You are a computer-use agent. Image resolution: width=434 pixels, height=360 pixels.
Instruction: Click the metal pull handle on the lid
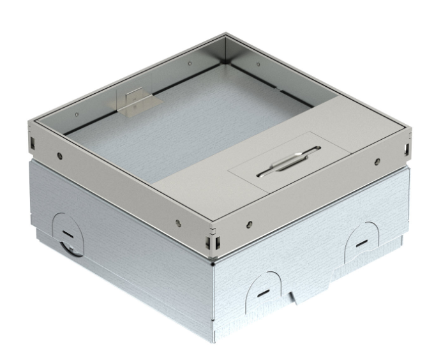coord(286,169)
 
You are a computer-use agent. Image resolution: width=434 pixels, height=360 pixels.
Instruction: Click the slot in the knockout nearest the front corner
coord(262,294)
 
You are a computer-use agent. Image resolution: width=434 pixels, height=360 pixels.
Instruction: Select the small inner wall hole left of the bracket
coord(76,114)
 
